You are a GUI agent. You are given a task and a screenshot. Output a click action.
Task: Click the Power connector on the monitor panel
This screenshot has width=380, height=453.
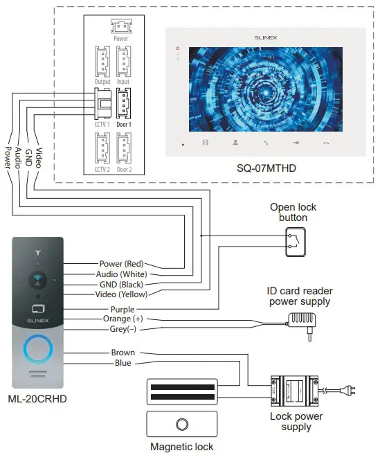tap(120, 26)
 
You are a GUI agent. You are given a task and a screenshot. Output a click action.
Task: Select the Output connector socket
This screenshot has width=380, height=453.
tap(102, 64)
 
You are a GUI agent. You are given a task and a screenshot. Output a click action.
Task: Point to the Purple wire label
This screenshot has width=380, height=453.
tap(123, 309)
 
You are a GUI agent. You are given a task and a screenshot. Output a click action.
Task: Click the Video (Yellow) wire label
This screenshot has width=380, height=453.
tap(123, 294)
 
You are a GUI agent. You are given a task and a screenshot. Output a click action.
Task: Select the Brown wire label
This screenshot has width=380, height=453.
tap(123, 353)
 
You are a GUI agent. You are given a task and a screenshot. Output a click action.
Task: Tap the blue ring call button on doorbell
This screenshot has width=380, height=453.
tap(38, 349)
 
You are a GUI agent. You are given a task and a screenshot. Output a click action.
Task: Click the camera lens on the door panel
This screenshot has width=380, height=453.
tap(38, 280)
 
